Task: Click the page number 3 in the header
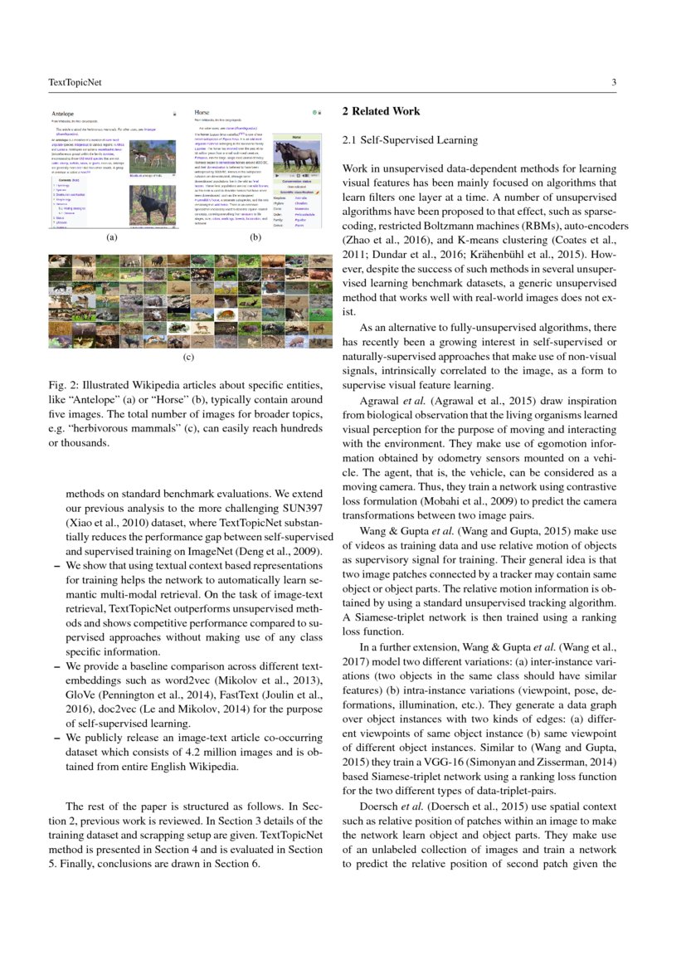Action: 612,82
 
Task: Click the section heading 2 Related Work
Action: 381,111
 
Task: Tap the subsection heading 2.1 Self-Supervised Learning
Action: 410,140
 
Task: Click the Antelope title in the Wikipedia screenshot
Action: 64,112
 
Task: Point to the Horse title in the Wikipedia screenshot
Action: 202,111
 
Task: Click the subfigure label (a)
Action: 112,237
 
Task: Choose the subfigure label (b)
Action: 255,237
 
